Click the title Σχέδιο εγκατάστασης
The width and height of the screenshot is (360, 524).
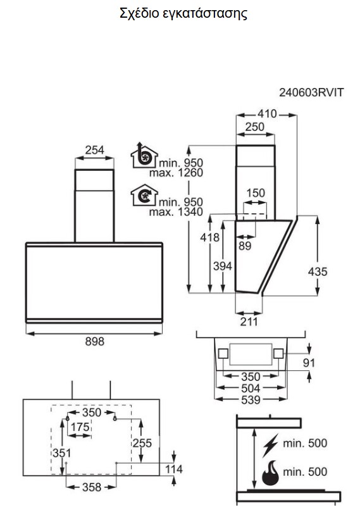(x=183, y=13)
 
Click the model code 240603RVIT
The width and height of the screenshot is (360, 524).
(x=311, y=92)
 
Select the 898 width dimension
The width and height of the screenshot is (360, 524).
(x=94, y=341)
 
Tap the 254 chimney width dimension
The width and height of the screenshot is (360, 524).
(x=94, y=150)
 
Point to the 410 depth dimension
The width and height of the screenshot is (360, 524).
(x=267, y=114)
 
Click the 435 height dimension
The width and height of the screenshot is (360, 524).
(x=318, y=271)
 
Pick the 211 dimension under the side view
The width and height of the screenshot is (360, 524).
(x=249, y=321)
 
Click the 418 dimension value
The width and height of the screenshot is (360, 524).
(x=209, y=237)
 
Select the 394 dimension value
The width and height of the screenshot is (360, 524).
(x=223, y=266)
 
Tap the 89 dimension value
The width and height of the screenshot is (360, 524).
(x=245, y=246)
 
